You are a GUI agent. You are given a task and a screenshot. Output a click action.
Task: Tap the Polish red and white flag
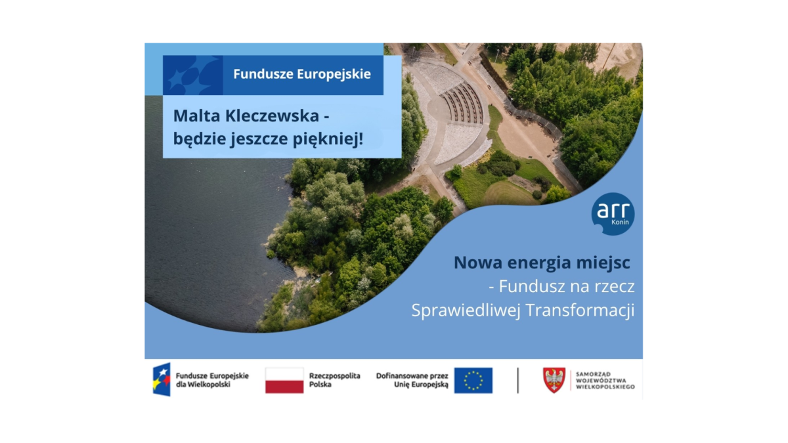pyautogui.click(x=284, y=380)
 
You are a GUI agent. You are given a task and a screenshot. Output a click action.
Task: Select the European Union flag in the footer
pyautogui.click(x=473, y=380)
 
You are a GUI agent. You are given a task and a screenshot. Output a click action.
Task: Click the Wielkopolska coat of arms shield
pyautogui.click(x=554, y=380)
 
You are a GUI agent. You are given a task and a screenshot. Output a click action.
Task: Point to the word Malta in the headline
pyautogui.click(x=194, y=116)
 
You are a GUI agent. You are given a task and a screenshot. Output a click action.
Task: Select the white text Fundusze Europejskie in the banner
pyautogui.click(x=301, y=74)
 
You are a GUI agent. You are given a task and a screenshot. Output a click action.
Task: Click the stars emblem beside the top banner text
pyautogui.click(x=193, y=75)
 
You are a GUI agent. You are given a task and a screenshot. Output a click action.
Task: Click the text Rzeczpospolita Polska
pyautogui.click(x=334, y=380)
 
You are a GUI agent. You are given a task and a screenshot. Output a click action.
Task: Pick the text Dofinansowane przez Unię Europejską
pyautogui.click(x=412, y=380)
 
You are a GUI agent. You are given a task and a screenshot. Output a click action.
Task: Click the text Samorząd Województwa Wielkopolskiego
pyautogui.click(x=605, y=380)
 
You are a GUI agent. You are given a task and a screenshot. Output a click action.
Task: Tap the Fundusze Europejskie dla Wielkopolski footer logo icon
pyautogui.click(x=162, y=380)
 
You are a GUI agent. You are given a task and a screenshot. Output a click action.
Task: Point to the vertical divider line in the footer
pyautogui.click(x=517, y=380)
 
